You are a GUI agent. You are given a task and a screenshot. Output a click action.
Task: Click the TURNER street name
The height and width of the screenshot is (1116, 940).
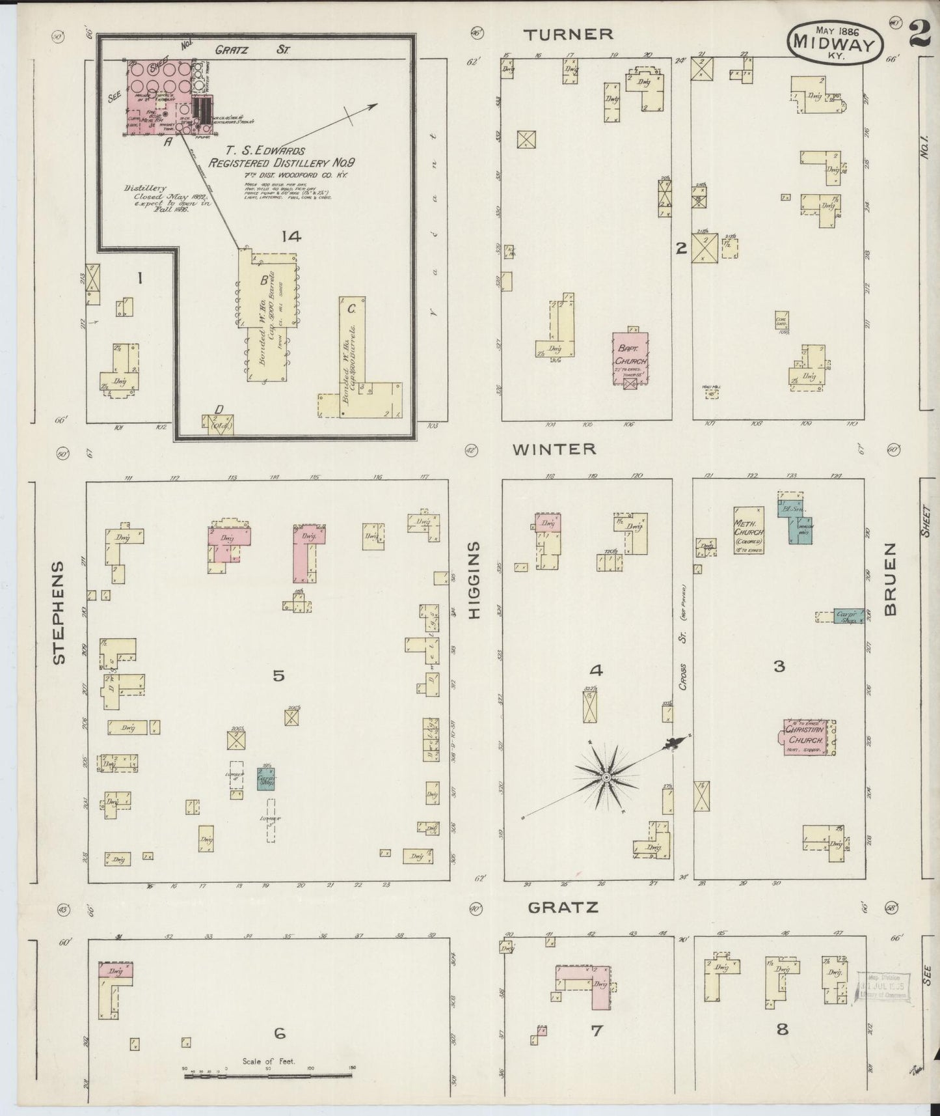tap(569, 34)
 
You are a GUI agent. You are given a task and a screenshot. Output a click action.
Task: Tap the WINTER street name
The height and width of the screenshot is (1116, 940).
tap(554, 449)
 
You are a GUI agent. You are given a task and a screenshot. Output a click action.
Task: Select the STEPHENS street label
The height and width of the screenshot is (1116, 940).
tap(59, 612)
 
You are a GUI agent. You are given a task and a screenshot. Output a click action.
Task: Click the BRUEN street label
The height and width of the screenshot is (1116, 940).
tap(891, 579)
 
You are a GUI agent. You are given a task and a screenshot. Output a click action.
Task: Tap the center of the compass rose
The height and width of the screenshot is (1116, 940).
tap(606, 778)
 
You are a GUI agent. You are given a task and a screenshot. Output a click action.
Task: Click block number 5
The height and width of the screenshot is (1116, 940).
tap(278, 676)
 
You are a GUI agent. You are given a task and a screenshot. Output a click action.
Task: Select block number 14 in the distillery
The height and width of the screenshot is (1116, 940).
tap(291, 236)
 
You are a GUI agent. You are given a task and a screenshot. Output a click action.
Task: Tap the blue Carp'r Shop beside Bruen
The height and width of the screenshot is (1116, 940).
tap(848, 616)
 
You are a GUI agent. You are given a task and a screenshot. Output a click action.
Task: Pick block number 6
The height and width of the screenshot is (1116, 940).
tap(280, 1033)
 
